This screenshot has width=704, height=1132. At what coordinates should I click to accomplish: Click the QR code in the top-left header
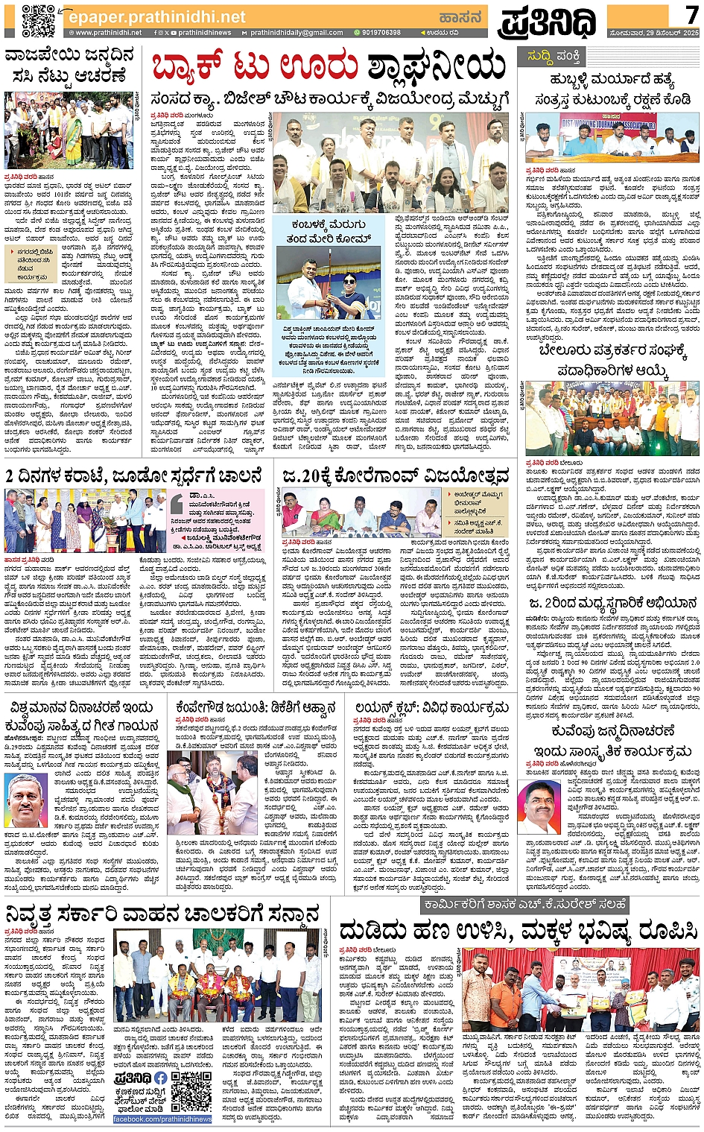(x=38, y=20)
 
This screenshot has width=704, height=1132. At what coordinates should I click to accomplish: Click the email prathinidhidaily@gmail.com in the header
(x=296, y=33)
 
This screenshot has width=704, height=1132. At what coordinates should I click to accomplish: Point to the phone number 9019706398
(x=381, y=33)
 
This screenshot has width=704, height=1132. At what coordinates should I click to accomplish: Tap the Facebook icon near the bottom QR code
(x=162, y=1078)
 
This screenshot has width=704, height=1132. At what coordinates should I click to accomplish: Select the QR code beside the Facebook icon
(x=191, y=1093)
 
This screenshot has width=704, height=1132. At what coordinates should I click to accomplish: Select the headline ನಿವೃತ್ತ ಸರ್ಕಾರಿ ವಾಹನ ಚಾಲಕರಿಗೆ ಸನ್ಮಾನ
(x=164, y=913)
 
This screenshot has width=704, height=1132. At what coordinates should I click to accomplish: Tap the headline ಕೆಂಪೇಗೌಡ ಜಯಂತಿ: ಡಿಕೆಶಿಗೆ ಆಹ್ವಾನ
(x=256, y=706)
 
